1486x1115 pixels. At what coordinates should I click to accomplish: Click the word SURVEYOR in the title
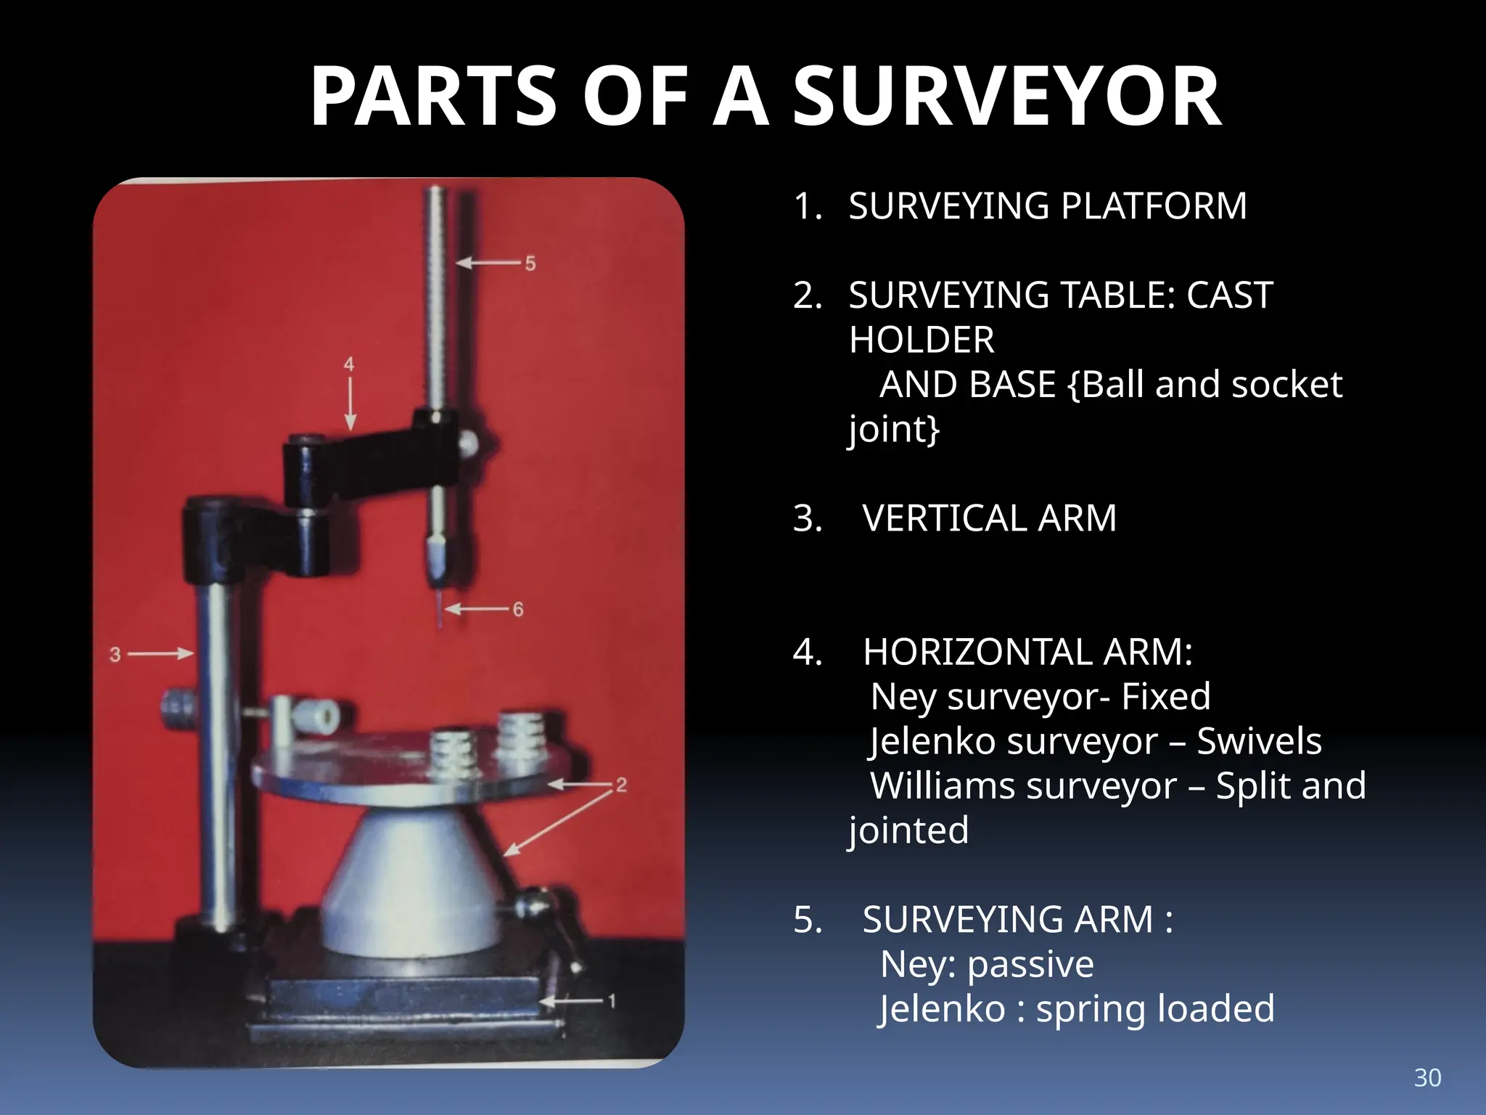coord(1007,97)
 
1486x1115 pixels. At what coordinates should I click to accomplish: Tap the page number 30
coord(1427,1077)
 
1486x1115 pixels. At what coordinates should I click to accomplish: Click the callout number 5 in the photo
coord(530,264)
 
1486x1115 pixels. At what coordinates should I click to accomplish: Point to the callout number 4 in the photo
coord(349,364)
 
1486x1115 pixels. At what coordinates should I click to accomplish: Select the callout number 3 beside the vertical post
coord(115,654)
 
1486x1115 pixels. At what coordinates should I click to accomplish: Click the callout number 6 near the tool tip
coord(518,609)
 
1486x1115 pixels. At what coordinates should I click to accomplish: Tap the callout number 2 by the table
coord(621,785)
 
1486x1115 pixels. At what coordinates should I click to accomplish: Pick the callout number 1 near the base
coord(612,1001)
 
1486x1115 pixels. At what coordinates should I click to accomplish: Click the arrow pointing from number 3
coord(160,654)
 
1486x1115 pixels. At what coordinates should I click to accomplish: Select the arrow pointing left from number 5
coord(488,263)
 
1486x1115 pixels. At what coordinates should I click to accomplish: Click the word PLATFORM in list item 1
coord(1154,206)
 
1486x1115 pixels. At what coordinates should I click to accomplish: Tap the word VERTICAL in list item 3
coord(945,518)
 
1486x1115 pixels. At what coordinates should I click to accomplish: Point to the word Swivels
coord(1259,741)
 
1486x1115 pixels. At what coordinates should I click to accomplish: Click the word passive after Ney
coord(1030,965)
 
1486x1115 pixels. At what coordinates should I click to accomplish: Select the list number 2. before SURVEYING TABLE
coord(808,295)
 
